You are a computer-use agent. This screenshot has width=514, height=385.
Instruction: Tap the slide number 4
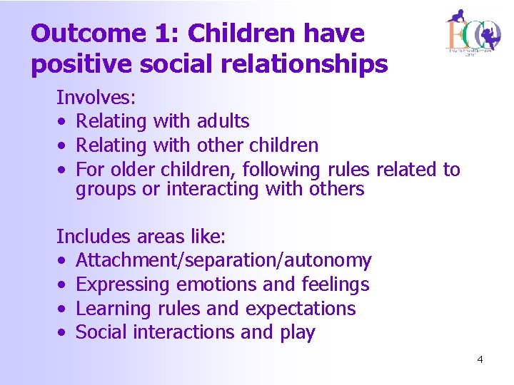click(x=480, y=359)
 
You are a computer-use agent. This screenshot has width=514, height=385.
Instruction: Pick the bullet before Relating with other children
click(x=63, y=146)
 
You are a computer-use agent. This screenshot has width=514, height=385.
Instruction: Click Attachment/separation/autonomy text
click(x=223, y=261)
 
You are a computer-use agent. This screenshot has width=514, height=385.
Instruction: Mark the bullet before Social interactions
click(x=63, y=333)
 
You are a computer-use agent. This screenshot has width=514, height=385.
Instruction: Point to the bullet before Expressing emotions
click(x=63, y=285)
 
